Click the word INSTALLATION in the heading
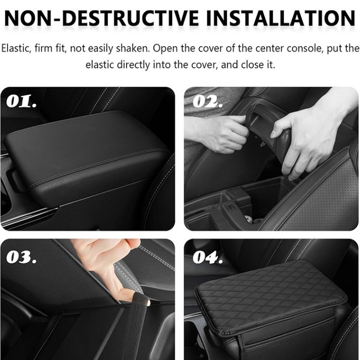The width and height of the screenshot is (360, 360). pyautogui.click(x=281, y=18)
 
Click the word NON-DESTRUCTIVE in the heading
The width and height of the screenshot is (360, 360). pyautogui.click(x=101, y=18)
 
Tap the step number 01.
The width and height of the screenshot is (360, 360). pyautogui.click(x=21, y=101)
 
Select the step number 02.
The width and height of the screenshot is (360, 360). pyautogui.click(x=208, y=101)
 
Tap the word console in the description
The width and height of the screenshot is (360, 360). pyautogui.click(x=305, y=49)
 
